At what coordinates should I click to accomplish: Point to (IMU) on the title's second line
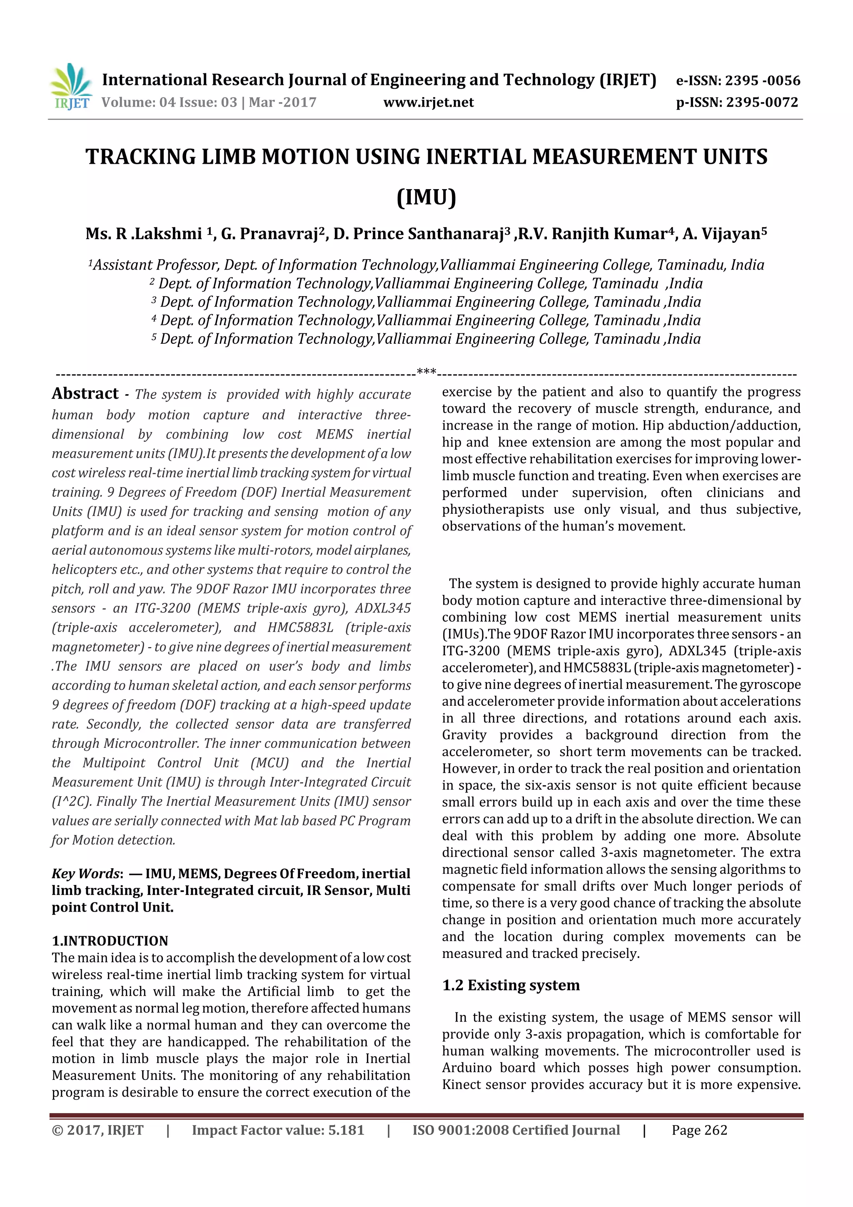click(x=426, y=197)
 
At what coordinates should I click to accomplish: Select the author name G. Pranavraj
click(x=272, y=233)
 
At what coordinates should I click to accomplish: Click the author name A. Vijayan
click(x=722, y=233)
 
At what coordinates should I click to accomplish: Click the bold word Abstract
click(x=85, y=393)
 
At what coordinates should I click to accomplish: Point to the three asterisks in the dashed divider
click(x=426, y=372)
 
